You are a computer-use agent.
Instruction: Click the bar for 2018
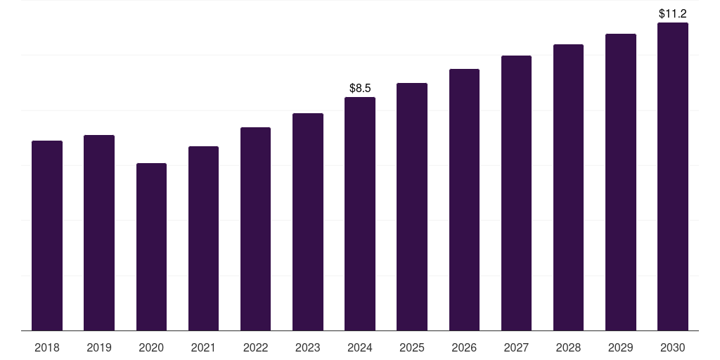click(x=47, y=236)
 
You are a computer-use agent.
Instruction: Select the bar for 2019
click(x=99, y=233)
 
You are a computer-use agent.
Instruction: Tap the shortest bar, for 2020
click(x=151, y=247)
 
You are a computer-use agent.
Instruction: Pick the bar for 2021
click(x=203, y=238)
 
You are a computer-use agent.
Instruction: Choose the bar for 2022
click(x=255, y=229)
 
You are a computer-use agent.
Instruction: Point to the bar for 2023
click(x=308, y=221)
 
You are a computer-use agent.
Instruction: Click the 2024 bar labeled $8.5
click(x=360, y=214)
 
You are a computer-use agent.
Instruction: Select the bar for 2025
click(x=412, y=207)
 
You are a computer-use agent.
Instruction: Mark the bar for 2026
click(x=464, y=200)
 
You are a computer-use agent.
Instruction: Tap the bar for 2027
click(x=516, y=193)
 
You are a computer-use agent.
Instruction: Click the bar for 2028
click(x=568, y=187)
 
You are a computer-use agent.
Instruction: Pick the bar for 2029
click(x=621, y=182)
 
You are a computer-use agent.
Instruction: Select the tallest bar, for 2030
click(x=673, y=176)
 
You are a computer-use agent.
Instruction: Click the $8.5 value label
click(x=360, y=89)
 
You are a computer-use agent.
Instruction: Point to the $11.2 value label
click(x=672, y=13)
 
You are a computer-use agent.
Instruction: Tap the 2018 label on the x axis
click(x=47, y=347)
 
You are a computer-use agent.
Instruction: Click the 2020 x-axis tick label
click(x=151, y=347)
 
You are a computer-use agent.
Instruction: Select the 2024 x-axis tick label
click(x=360, y=347)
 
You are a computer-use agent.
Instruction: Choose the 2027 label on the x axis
click(x=516, y=347)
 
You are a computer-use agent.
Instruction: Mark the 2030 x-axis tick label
click(x=673, y=347)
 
